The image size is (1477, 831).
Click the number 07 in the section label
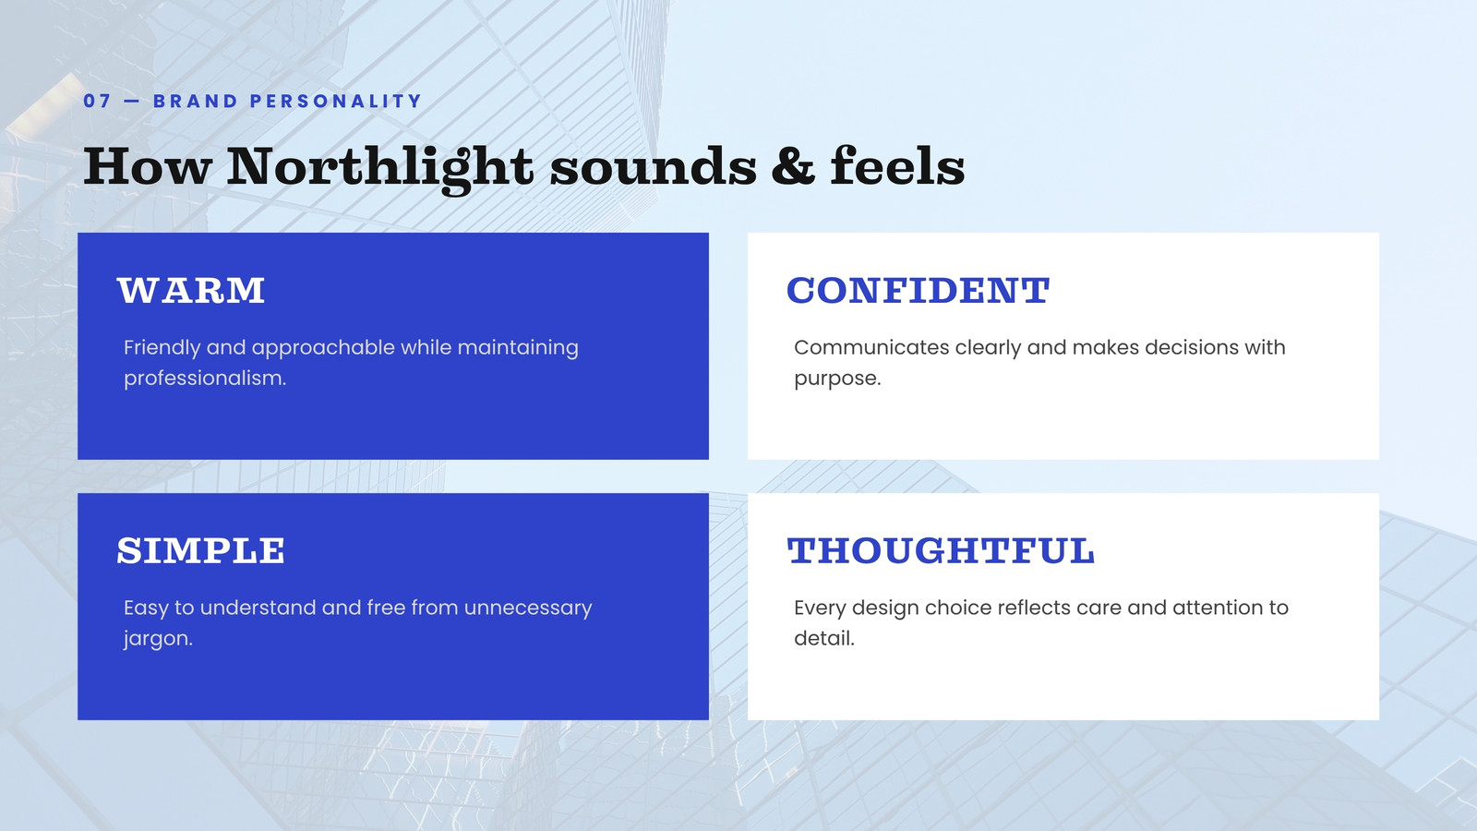[x=97, y=101]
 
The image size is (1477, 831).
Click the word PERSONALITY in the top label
[x=336, y=101]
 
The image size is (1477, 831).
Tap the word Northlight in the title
[x=379, y=167]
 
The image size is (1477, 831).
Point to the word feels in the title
[x=897, y=165]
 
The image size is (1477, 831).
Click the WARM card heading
[x=191, y=290]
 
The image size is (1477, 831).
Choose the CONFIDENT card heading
[x=918, y=290]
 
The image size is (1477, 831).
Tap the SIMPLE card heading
[x=201, y=550]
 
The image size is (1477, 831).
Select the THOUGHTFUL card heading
[x=941, y=550]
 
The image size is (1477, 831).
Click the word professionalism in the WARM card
[x=205, y=378]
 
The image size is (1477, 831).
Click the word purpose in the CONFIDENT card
[x=837, y=379]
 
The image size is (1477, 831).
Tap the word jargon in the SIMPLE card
[x=158, y=639]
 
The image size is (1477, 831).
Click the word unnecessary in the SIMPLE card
[x=527, y=608]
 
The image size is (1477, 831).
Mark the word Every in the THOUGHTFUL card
[x=820, y=608]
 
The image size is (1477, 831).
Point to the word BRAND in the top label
[x=195, y=101]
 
